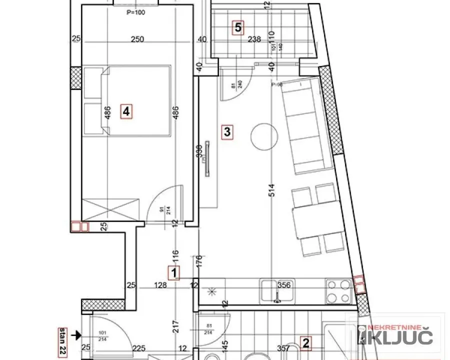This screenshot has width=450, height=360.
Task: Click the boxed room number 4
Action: (x=126, y=112)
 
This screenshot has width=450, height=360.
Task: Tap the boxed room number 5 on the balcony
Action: (x=238, y=27)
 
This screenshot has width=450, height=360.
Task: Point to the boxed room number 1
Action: (x=173, y=273)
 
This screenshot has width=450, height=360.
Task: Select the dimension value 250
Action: (x=137, y=40)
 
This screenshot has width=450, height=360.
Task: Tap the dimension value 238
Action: (x=254, y=40)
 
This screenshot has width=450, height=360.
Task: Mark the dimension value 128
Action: (x=160, y=286)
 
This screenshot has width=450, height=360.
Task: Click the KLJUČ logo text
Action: (x=397, y=338)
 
